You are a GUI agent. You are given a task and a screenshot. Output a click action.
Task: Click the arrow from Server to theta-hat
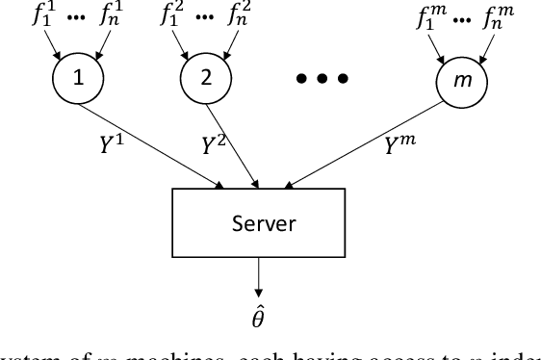point(259,276)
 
